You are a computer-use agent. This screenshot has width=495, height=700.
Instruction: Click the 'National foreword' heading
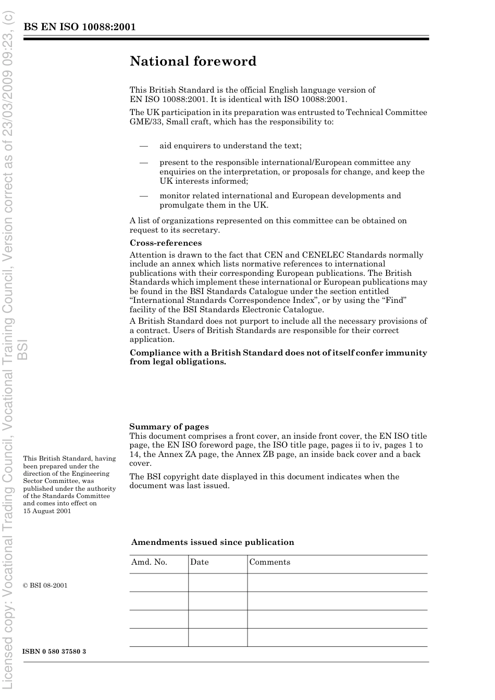[x=193, y=61]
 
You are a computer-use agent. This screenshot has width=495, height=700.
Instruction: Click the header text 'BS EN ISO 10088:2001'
[x=79, y=27]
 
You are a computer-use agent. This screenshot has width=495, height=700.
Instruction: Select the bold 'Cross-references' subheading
[x=165, y=243]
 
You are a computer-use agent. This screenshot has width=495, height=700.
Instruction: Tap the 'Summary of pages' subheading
[x=169, y=427]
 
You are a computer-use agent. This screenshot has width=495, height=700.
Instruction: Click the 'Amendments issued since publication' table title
[x=213, y=542]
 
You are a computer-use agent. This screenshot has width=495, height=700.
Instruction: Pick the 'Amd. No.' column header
[x=149, y=562]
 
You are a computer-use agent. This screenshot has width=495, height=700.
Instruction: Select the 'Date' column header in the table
[x=199, y=562]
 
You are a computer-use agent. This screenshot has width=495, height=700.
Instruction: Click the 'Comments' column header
[x=269, y=562]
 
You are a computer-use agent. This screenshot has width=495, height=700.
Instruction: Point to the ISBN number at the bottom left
[x=54, y=652]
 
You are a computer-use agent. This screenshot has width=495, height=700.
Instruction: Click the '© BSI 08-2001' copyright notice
[x=45, y=586]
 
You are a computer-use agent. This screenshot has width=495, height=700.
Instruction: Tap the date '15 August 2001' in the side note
[x=47, y=511]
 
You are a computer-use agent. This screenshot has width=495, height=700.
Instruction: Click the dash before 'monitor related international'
[x=144, y=196]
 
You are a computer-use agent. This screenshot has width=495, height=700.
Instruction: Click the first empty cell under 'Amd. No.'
[x=158, y=583]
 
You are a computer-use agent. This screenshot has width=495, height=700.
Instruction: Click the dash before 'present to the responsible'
[x=144, y=162]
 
